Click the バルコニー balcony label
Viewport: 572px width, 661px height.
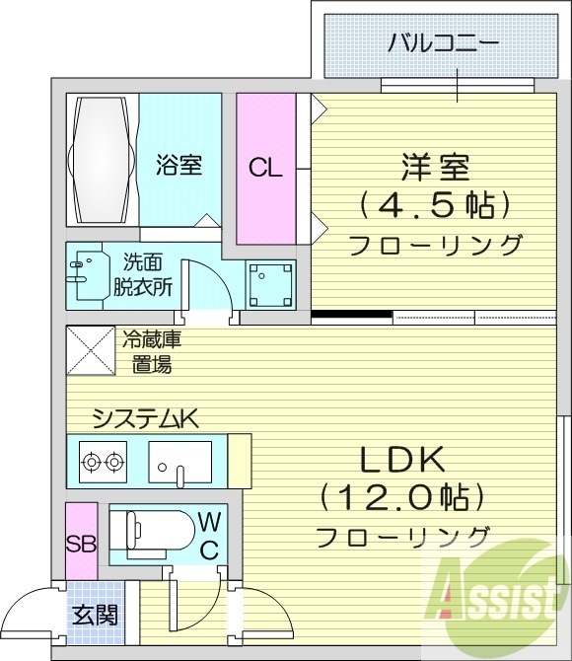442,42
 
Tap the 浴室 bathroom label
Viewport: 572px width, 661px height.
179,164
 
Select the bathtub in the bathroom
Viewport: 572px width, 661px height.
102,161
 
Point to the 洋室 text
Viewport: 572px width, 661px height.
434,167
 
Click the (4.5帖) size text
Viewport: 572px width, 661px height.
434,205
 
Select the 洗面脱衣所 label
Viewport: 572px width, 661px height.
147,275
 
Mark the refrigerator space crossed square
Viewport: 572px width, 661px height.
90,350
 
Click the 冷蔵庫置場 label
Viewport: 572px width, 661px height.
151,352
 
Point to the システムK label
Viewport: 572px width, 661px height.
145,418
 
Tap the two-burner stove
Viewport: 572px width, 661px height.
103,461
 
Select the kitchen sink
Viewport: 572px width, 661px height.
179,461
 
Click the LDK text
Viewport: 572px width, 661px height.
402,460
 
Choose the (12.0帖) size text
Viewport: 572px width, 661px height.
402,497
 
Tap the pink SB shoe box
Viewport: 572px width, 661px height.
81,543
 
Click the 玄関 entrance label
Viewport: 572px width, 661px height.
96,617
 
